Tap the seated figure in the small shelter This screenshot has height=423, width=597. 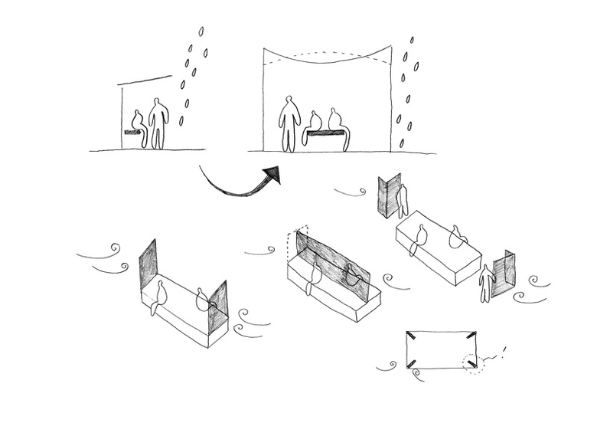[139, 123]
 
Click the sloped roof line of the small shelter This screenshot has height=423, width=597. [145, 80]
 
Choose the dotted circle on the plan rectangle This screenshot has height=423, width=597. [471, 362]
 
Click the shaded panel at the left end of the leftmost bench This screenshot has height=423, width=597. [148, 265]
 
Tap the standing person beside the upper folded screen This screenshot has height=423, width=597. [403, 201]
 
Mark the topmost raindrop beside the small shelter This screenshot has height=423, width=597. [201, 31]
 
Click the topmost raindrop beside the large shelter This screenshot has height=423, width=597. [413, 39]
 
